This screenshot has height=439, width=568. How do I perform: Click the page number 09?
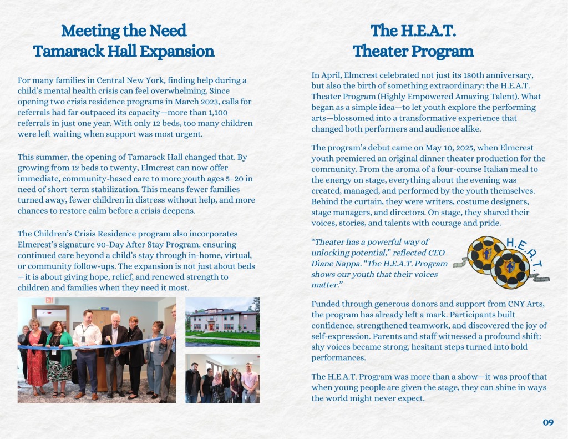pos(548,423)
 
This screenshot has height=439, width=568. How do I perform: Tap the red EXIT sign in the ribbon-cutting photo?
pos(49,301)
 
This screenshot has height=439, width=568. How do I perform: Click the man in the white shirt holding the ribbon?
pos(88,350)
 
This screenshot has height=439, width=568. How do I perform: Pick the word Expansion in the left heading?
pos(177,52)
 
